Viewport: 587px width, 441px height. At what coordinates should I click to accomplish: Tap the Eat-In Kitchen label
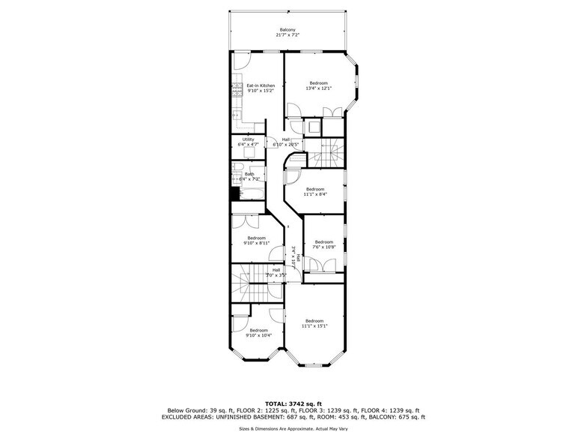261,85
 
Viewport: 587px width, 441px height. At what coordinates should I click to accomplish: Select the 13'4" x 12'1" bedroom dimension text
318,88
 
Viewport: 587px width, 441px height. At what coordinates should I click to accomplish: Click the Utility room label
248,139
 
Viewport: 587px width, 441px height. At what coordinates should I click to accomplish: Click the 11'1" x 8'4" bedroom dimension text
314,194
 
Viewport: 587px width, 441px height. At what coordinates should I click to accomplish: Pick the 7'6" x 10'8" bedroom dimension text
323,247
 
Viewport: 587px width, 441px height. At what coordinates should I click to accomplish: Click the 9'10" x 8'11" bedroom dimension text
257,243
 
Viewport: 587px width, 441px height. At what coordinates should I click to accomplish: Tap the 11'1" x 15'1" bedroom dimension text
314,325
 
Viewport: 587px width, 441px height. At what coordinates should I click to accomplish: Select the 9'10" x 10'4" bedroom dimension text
258,335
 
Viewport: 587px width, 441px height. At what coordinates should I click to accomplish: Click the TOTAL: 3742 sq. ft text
293,403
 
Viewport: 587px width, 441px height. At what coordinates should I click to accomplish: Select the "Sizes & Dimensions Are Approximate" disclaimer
293,429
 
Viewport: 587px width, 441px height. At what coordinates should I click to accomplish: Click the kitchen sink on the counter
236,114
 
